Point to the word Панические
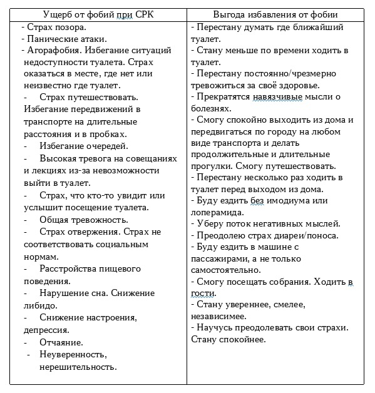pos(51,39)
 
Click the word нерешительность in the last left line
pos(78,367)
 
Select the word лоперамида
pos(219,212)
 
